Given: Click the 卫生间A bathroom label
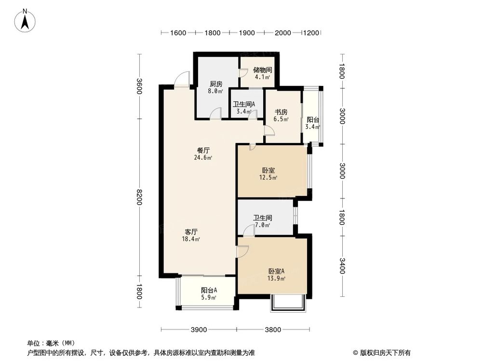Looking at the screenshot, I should pos(244,104).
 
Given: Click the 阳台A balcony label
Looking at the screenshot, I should pos(209,290).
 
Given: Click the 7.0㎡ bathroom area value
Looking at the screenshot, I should pos(262,225).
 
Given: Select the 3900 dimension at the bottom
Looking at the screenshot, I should pos(199,330).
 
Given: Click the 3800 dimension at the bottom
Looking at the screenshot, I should pos(272,330).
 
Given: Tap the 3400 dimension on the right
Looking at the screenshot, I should pos(342,266).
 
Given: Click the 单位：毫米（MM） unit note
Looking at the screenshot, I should pos(51,343).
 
